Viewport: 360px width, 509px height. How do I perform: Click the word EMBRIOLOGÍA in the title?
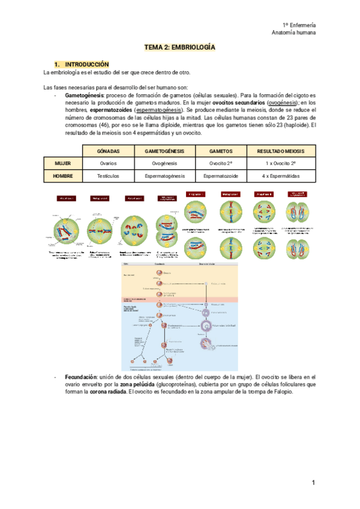193,47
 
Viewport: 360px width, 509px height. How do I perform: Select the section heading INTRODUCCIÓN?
87,64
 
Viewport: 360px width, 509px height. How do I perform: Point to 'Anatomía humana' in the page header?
294,33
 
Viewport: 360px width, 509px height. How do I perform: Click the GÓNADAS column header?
108,151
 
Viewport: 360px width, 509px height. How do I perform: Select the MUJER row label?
63,163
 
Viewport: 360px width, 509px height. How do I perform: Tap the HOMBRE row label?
63,176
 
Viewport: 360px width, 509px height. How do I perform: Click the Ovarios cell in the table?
108,163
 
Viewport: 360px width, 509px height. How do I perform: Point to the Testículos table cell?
108,176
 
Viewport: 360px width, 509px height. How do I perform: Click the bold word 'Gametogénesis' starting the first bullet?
84,95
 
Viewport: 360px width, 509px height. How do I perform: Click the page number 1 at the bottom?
313,483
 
